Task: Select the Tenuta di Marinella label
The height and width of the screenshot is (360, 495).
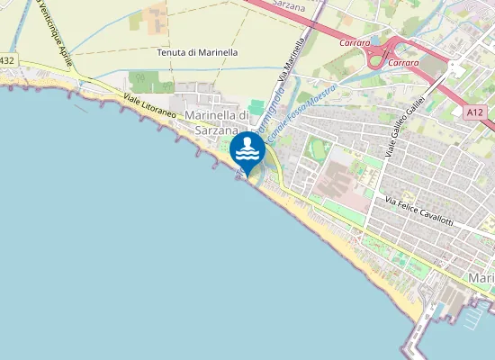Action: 198,53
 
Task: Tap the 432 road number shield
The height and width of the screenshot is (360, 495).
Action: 7,60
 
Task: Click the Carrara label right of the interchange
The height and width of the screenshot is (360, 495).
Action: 402,63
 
